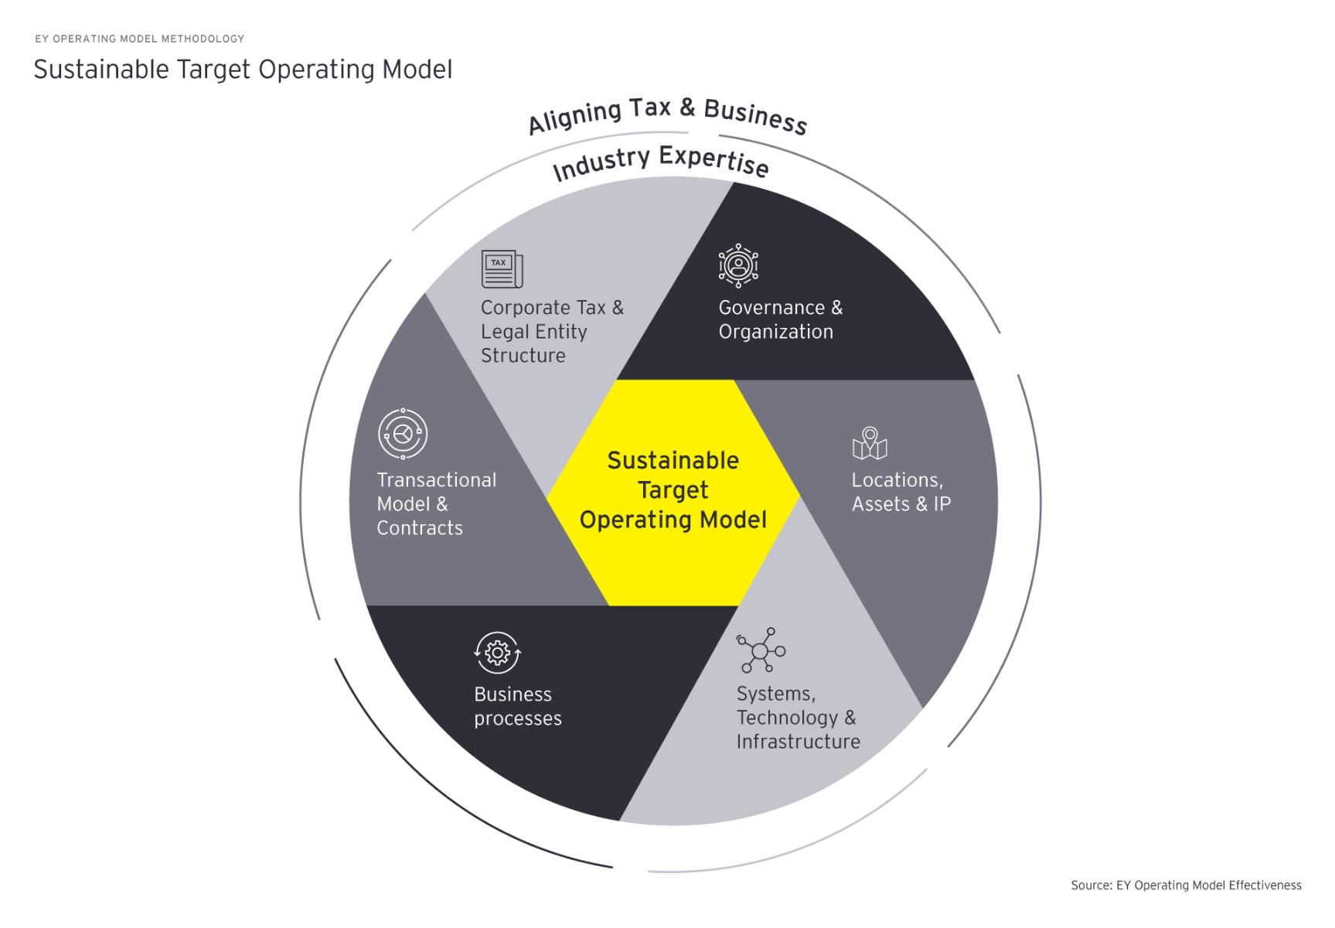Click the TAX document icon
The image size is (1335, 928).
pos(502,268)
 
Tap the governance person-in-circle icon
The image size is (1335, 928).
pos(738,265)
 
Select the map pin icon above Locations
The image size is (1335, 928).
pos(870,443)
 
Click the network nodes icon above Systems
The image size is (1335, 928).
pos(761,650)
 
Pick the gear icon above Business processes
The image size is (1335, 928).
pos(497,653)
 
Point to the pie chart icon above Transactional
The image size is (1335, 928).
pos(403,434)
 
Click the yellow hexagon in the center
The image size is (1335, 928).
pos(673,492)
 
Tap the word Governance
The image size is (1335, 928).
pos(771,308)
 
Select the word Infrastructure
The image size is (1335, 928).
pos(798,742)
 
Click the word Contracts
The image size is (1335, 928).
pos(420,528)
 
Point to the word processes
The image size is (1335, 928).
pos(518,718)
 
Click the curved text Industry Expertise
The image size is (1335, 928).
pos(660,160)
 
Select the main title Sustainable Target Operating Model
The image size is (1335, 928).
pos(243,70)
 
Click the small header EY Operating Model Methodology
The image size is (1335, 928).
pos(140,39)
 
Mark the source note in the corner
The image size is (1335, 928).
pos(1186,885)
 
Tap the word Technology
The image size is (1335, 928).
pos(787,718)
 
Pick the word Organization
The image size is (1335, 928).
pos(776,332)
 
